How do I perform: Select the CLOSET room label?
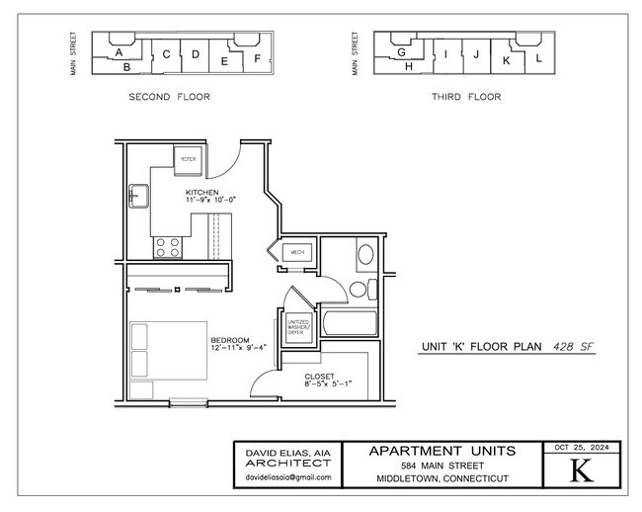319,377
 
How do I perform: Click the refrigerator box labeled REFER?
188,159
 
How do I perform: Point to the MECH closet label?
296,254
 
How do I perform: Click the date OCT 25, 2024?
583,447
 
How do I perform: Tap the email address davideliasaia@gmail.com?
288,477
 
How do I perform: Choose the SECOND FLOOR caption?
169,97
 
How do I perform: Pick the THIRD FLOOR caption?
465,97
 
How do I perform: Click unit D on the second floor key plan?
196,54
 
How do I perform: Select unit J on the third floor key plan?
476,54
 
